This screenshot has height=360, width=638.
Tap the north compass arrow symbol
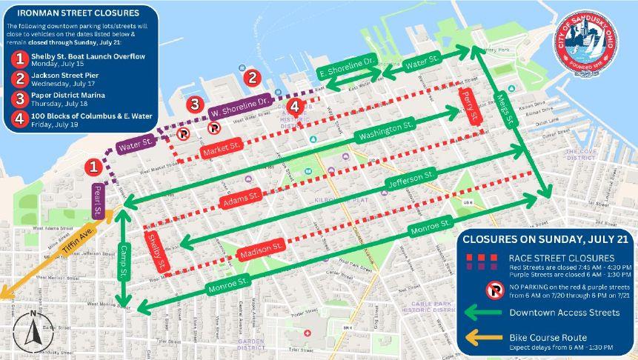click(x=33, y=331)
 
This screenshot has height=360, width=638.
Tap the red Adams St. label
click(x=242, y=200)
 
